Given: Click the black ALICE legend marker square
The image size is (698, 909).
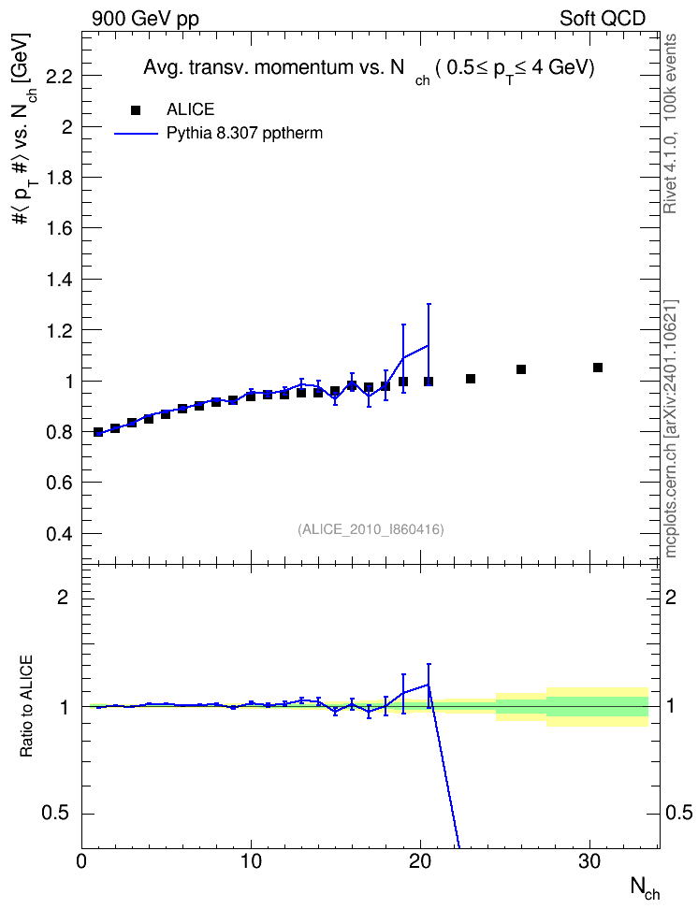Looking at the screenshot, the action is point(136,109).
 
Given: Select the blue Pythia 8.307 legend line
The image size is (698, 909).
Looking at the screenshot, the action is point(137,134).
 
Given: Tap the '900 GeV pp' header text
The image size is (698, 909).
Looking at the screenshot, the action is point(145,19).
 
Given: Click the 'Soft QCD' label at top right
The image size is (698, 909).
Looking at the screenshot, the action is point(603,19).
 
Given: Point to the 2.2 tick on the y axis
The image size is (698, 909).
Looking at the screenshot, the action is point(59,76).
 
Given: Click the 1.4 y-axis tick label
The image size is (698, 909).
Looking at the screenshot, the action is point(59,280).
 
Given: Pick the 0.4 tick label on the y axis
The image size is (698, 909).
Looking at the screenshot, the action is point(59,534).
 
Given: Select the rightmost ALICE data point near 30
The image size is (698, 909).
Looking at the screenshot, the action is point(598,368).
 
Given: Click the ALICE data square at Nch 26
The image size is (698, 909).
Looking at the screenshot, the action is point(521,369).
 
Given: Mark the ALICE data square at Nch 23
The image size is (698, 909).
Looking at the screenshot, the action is point(471,379).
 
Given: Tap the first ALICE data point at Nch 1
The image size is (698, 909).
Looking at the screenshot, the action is point(98,432).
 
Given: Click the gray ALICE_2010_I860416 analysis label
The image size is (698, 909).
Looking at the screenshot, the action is point(371,529).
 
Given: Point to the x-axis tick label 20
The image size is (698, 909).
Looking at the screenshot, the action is point(420,861).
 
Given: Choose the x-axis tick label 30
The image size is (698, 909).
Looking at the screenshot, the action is point(589,861).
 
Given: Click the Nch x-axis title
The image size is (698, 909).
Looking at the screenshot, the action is point(645,887).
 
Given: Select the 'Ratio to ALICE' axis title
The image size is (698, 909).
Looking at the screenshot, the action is point(26,706).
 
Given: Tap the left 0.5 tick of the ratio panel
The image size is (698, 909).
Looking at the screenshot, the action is point(55,814).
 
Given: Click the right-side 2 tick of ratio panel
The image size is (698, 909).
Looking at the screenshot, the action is point(671,597).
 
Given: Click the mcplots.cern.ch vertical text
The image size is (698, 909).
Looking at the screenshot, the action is point(671,429).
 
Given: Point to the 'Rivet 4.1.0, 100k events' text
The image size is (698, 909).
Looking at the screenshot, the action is point(670,123).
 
